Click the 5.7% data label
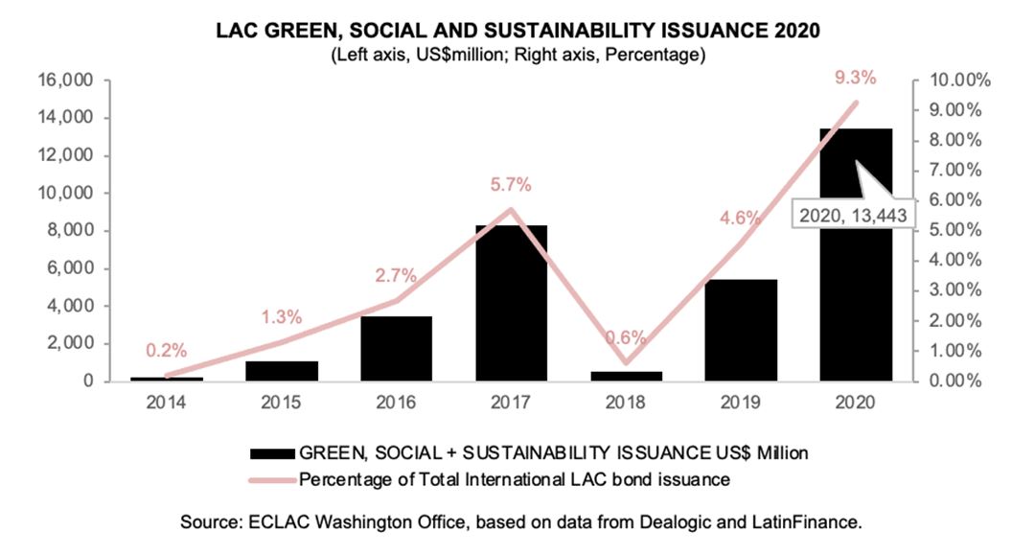pyautogui.click(x=512, y=185)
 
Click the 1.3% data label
pyautogui.click(x=283, y=317)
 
